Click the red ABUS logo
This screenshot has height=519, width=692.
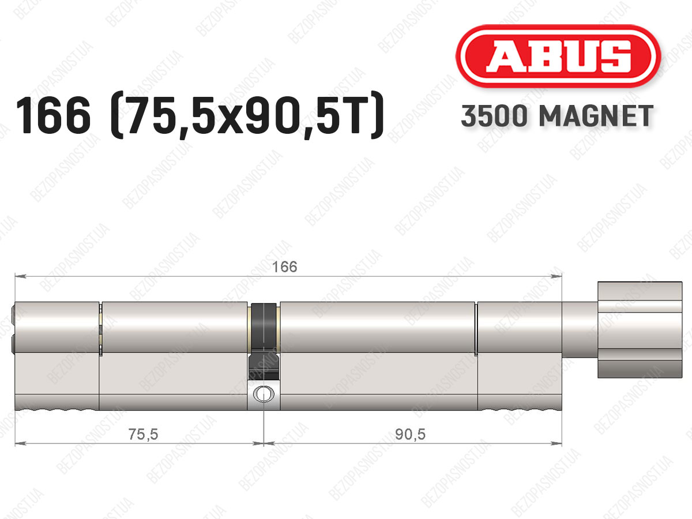click(x=558, y=57)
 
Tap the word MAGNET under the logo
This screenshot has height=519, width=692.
click(x=596, y=116)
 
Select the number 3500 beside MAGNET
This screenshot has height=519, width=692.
click(x=494, y=116)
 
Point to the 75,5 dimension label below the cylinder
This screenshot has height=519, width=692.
click(x=143, y=435)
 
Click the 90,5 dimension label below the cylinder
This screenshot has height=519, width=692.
click(x=410, y=435)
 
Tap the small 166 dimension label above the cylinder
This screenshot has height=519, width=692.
click(x=284, y=267)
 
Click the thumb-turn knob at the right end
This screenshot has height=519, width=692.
click(x=640, y=330)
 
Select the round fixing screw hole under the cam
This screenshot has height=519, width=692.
click(x=264, y=394)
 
